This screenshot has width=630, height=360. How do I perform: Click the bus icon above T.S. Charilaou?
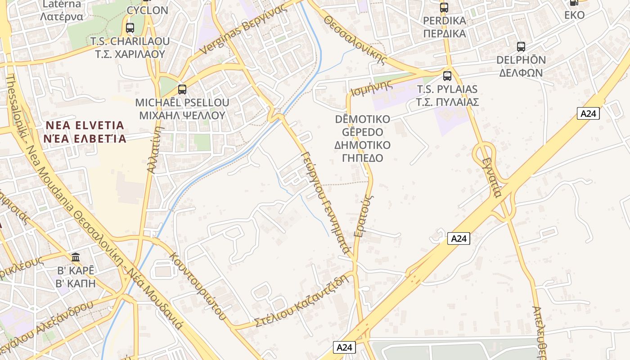(130, 28)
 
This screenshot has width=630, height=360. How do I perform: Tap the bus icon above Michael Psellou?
(182, 89)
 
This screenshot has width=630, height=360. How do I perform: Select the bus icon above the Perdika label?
(444, 7)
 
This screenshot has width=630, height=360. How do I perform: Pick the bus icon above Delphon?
(521, 46)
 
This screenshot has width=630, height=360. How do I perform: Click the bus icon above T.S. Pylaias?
(447, 76)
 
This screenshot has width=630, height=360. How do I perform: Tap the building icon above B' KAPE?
(76, 257)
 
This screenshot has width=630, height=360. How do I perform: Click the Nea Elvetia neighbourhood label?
(85, 131)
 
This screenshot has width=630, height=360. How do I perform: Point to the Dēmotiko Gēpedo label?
(362, 139)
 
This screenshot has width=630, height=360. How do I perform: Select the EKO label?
(575, 15)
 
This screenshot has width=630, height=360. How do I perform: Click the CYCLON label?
(148, 10)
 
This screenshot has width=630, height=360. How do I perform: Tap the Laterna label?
(62, 10)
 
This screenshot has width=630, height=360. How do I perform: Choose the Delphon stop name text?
(521, 66)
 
